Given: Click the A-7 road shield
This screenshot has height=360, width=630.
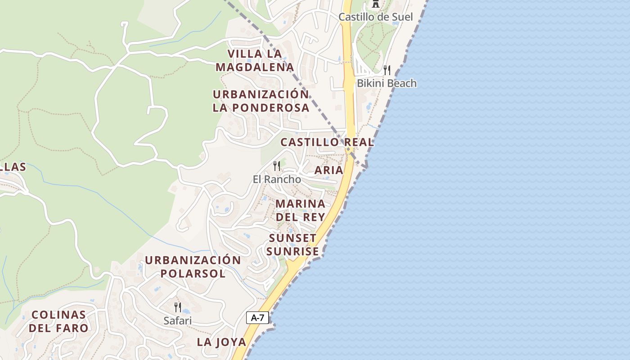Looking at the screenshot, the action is (257, 318).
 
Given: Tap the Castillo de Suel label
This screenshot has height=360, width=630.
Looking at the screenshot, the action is (375, 17).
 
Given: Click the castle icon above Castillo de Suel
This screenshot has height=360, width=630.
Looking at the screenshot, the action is (375, 4).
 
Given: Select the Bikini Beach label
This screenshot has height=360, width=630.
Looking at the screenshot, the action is (387, 83).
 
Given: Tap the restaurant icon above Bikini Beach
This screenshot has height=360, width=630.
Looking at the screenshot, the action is (387, 70).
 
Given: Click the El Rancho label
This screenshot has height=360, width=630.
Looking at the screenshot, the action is (277, 179).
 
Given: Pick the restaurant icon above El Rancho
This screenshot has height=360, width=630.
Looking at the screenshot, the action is (277, 166).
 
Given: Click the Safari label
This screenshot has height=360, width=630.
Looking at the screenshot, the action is (178, 320).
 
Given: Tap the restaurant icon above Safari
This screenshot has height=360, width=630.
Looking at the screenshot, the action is (178, 307).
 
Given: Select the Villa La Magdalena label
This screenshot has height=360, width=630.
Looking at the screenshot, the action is (255, 61).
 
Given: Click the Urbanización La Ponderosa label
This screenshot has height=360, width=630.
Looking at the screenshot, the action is (261, 101).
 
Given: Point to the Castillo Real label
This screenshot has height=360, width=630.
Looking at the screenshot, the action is (327, 142).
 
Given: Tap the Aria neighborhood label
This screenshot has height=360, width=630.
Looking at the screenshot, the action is (328, 170).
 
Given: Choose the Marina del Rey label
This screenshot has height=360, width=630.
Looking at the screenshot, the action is (300, 210).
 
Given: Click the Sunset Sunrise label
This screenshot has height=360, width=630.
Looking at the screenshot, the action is (293, 244).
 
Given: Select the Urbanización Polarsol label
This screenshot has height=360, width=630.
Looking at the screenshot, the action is (193, 267).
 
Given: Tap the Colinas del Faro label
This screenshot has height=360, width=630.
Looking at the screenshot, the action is (58, 321).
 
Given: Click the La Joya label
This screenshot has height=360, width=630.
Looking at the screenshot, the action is (221, 342).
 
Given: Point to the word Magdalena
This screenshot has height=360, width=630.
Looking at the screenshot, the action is (255, 67).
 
